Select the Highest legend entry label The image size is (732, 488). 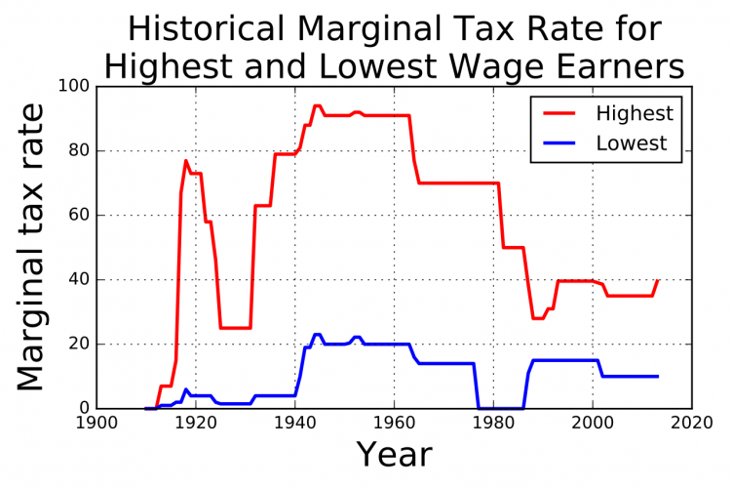(x=635, y=114)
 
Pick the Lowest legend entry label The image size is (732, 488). (x=632, y=143)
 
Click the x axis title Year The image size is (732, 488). (x=394, y=455)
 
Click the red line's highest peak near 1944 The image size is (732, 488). (x=317, y=105)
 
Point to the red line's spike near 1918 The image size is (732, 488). (x=186, y=161)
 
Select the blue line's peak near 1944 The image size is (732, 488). (x=317, y=334)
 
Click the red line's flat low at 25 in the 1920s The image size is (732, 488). (x=235, y=328)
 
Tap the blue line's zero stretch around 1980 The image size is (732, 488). (x=499, y=408)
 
